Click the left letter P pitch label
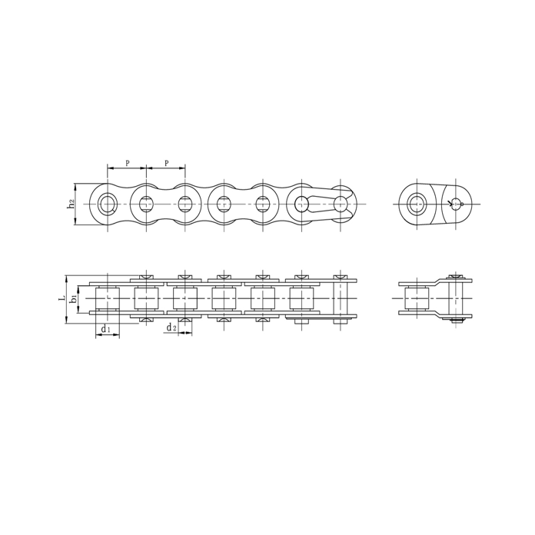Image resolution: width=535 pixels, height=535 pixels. pos(127,163)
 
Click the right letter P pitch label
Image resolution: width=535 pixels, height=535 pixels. pos(166,163)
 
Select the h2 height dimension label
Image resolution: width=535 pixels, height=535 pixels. pos(70,204)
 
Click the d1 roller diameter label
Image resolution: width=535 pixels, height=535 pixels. pos(106,329)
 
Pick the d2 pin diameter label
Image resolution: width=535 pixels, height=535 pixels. pos(172,328)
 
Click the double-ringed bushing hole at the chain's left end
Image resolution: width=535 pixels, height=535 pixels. pos(107,204)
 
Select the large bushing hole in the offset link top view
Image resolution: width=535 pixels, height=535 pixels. pos(417,204)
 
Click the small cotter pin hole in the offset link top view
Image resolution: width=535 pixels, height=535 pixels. pos(457,204)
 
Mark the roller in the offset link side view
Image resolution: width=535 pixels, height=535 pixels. pos(417,298)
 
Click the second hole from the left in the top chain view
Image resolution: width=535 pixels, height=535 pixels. pos(146,204)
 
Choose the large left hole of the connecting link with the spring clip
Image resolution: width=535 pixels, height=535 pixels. pos(301,204)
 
